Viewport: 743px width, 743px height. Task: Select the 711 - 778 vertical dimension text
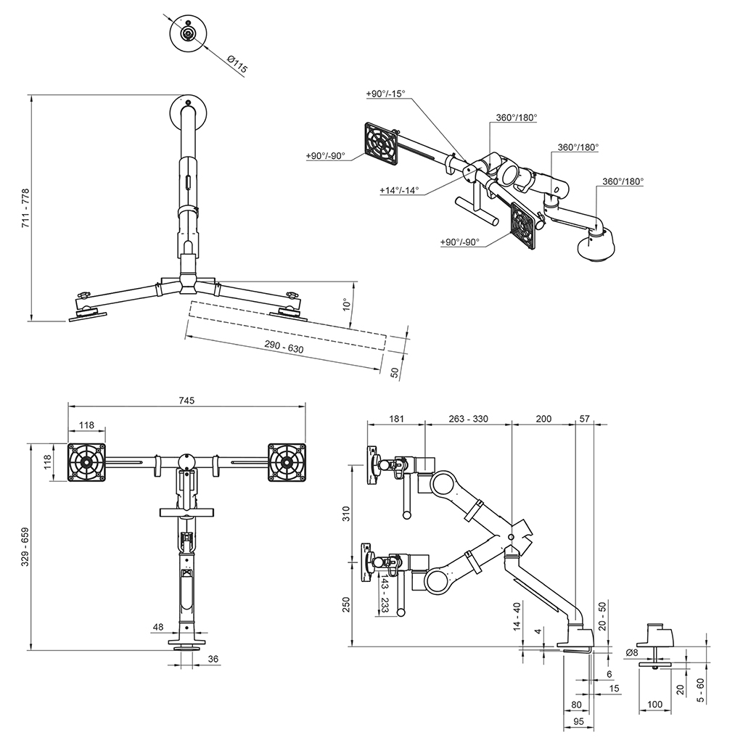26,210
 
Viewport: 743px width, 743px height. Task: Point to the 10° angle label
347,305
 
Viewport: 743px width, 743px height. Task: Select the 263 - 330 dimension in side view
468,419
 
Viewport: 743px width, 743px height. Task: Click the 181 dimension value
395,419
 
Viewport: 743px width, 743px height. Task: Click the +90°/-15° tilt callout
386,94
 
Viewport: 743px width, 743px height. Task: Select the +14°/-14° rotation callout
399,191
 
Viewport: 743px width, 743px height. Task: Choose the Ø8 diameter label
632,652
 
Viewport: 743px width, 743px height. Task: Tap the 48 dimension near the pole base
158,626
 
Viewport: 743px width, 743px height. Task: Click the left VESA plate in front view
86,461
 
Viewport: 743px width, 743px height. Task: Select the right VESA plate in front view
286,461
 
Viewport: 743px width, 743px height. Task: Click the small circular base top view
187,33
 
